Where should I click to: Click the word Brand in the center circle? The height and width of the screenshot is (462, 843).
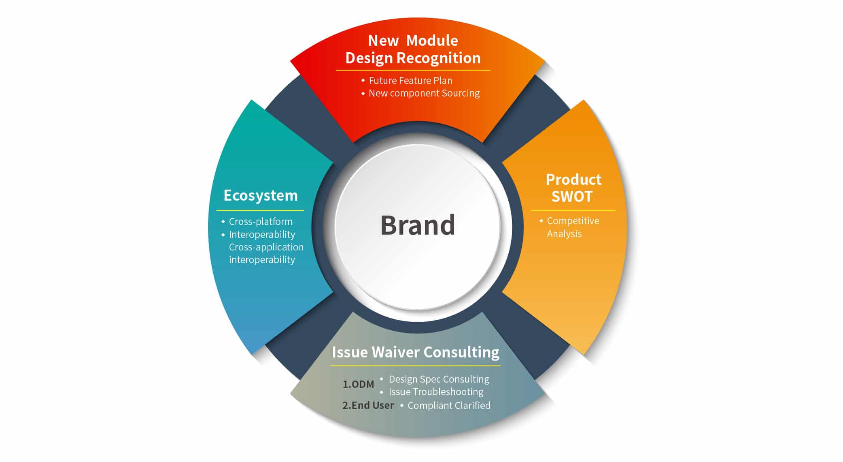pos(418,225)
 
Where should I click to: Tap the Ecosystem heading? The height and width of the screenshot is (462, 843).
pos(261,195)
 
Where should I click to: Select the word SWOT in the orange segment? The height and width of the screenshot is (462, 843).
pos(572,197)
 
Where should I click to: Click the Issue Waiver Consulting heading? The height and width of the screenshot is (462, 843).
pos(416,352)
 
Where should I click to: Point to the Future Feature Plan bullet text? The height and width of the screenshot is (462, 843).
pos(410,81)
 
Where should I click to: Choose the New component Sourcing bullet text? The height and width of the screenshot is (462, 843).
pos(424,93)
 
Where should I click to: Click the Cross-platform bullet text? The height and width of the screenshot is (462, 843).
pos(261,222)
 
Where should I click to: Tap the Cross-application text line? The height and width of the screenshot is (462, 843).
pos(266,247)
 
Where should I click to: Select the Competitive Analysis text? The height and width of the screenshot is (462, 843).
pos(572,227)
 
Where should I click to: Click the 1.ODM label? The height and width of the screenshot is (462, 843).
pos(358,384)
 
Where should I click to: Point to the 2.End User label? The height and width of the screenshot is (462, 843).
pos(368,405)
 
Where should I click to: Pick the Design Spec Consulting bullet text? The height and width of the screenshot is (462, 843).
pos(439,379)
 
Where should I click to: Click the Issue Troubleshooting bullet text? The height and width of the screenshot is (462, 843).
pos(436,392)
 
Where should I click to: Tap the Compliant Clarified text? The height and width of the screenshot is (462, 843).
pos(449,406)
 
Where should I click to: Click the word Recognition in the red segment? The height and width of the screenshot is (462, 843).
pos(438,58)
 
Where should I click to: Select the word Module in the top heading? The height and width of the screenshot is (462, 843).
pos(432,41)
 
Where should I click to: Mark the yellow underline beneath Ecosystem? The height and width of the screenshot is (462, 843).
pos(260,210)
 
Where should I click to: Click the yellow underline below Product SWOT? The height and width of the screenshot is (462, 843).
pos(573,210)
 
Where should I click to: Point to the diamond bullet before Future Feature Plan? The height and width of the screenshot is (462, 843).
pos(363,81)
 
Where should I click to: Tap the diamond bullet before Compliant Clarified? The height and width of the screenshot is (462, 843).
pos(402,405)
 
